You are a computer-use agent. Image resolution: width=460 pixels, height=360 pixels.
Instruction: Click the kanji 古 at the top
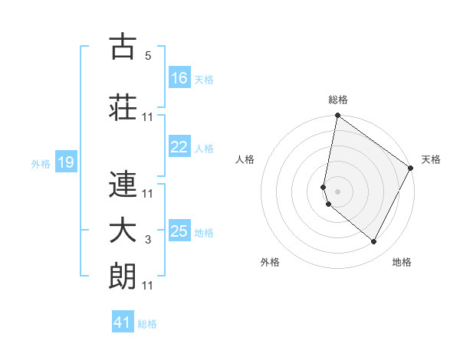[123, 47]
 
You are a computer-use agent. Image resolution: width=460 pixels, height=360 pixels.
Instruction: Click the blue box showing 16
[179, 78]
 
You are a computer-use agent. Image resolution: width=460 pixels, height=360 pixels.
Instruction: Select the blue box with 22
[179, 147]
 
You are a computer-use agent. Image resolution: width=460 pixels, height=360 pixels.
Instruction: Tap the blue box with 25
[179, 231]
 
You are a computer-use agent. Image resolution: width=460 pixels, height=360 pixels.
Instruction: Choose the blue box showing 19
[65, 162]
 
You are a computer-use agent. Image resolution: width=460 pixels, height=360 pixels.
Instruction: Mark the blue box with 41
[123, 322]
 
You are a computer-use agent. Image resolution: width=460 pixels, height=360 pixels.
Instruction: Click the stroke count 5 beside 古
[148, 56]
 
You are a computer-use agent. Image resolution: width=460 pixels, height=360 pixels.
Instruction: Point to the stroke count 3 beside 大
[148, 241]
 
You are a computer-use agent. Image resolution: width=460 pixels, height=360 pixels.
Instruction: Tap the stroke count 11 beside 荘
[148, 117]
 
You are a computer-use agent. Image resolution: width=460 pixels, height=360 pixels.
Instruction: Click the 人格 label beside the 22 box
[204, 149]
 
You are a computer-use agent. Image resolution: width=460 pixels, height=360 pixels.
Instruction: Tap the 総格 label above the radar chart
[338, 100]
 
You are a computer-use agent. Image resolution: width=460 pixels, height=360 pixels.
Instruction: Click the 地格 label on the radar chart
[402, 263]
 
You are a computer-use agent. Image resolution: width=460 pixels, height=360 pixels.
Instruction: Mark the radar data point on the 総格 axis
[337, 116]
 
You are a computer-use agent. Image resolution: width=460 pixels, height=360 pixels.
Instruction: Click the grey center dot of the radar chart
[337, 191]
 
